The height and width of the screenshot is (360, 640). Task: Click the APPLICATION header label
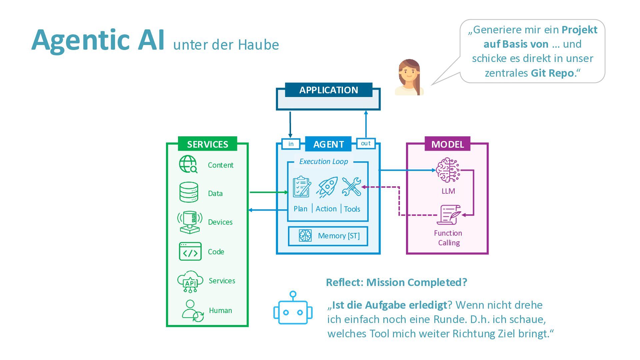point(328,90)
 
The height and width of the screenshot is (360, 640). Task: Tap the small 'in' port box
point(291,144)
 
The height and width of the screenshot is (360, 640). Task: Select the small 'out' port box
point(366,143)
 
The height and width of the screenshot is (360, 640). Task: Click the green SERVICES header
point(207,144)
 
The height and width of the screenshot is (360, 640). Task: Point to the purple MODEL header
point(447,144)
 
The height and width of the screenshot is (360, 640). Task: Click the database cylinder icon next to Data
point(189,192)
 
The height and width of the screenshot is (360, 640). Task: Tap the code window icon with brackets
point(190,251)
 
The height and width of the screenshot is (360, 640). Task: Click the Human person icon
point(192,311)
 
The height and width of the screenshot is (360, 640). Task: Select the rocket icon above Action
point(327,187)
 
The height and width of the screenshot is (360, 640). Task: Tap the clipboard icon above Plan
point(302,187)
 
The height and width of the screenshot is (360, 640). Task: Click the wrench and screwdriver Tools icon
point(351,187)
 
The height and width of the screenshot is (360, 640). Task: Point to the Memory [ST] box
point(328,236)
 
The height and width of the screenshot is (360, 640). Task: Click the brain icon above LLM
point(448,170)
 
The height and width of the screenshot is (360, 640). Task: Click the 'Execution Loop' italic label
point(323,162)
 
